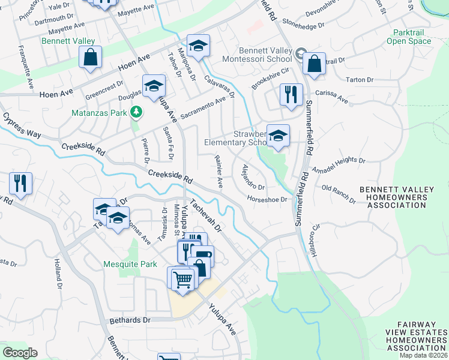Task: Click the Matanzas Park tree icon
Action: click(137, 111)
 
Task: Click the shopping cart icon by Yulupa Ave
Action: click(182, 278)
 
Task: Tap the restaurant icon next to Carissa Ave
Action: click(291, 95)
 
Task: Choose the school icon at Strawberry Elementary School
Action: click(278, 136)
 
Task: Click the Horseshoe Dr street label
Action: click(267, 199)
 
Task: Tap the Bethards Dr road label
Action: click(130, 320)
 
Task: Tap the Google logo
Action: click(20, 353)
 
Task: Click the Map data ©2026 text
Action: click(424, 355)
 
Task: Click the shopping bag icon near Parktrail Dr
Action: click(314, 63)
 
